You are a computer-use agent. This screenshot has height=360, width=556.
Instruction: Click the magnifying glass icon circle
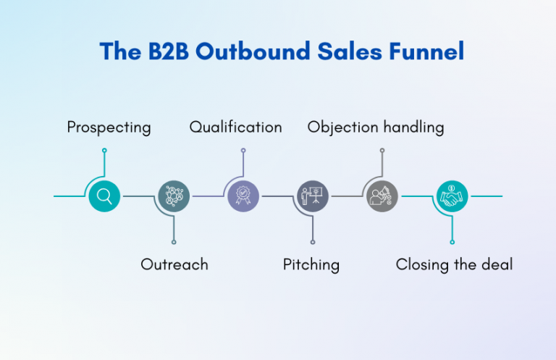(x=104, y=196)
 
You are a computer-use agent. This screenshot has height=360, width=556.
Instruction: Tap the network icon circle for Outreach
(x=174, y=196)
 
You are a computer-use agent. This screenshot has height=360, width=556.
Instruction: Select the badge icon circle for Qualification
(x=243, y=196)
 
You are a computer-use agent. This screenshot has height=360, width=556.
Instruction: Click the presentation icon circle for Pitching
(x=313, y=196)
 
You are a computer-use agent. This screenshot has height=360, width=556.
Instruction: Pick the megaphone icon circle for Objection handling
(x=382, y=196)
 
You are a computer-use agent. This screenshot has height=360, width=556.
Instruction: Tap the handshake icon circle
(x=452, y=196)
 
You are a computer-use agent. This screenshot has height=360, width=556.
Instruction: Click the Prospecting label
(x=109, y=127)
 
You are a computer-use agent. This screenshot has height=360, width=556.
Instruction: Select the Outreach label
(x=174, y=264)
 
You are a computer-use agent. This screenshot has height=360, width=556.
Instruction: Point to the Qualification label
(x=236, y=127)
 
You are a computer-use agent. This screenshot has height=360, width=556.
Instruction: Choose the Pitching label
(x=311, y=265)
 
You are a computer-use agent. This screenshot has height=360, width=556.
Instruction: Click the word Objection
(x=343, y=127)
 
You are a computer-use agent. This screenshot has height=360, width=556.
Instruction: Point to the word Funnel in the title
(x=426, y=51)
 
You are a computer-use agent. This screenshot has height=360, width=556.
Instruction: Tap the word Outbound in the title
(x=253, y=51)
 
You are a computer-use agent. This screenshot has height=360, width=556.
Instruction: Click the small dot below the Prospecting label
(x=104, y=151)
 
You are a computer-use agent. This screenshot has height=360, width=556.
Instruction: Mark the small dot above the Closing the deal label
(x=452, y=242)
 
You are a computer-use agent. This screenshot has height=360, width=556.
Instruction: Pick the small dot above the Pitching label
(x=313, y=242)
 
